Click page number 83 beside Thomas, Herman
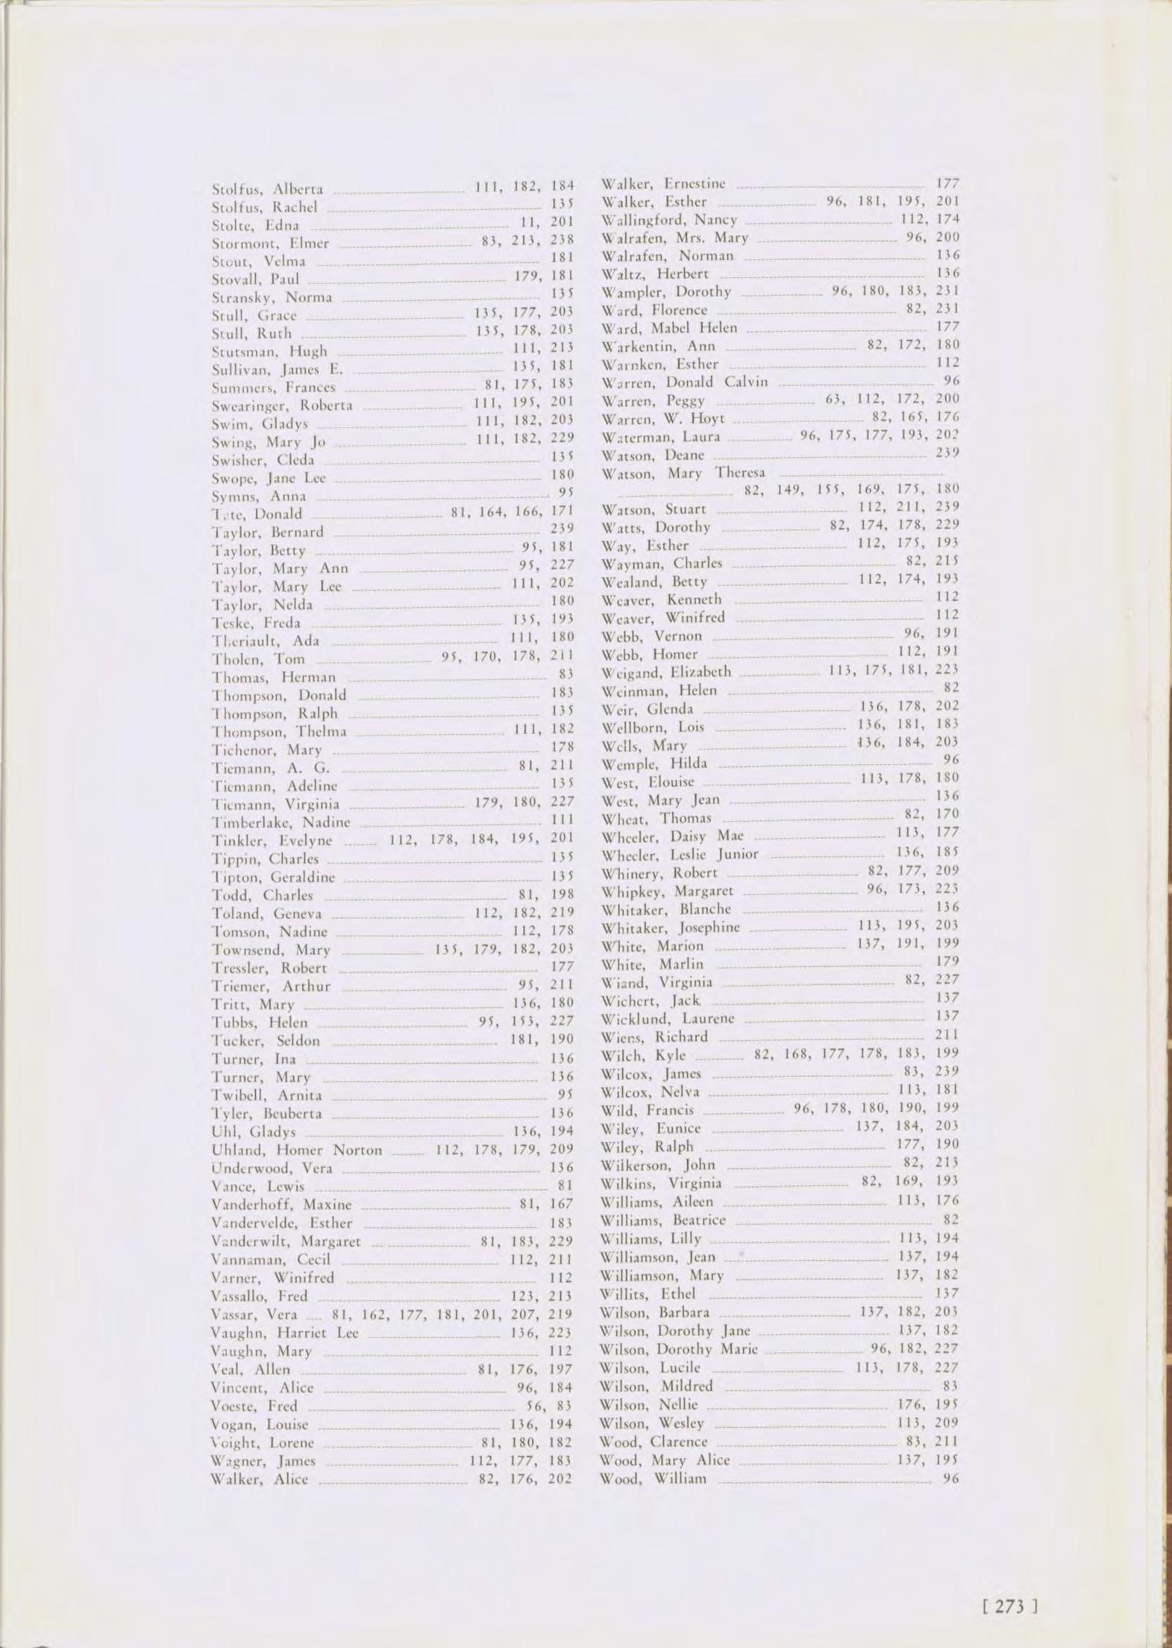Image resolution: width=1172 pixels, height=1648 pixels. [x=565, y=676]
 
